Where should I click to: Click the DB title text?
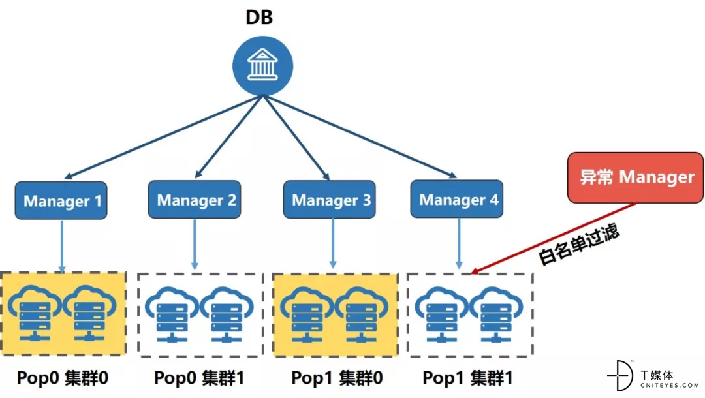click(259, 17)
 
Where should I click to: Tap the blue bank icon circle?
click(262, 66)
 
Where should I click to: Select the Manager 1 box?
click(61, 200)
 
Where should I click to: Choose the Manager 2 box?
click(195, 200)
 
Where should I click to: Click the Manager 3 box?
click(330, 200)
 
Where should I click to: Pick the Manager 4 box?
click(457, 199)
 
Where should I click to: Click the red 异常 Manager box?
click(635, 177)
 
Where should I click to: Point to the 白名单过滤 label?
click(578, 245)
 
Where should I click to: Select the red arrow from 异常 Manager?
click(553, 238)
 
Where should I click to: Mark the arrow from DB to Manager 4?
click(360, 136)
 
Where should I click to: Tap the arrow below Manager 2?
click(195, 245)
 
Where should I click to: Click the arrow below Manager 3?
click(333, 243)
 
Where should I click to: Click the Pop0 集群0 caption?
click(63, 378)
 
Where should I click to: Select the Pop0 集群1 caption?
click(199, 378)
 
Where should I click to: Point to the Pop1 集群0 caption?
click(337, 378)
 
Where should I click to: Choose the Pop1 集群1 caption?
click(467, 378)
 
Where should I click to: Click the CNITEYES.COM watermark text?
click(670, 386)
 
